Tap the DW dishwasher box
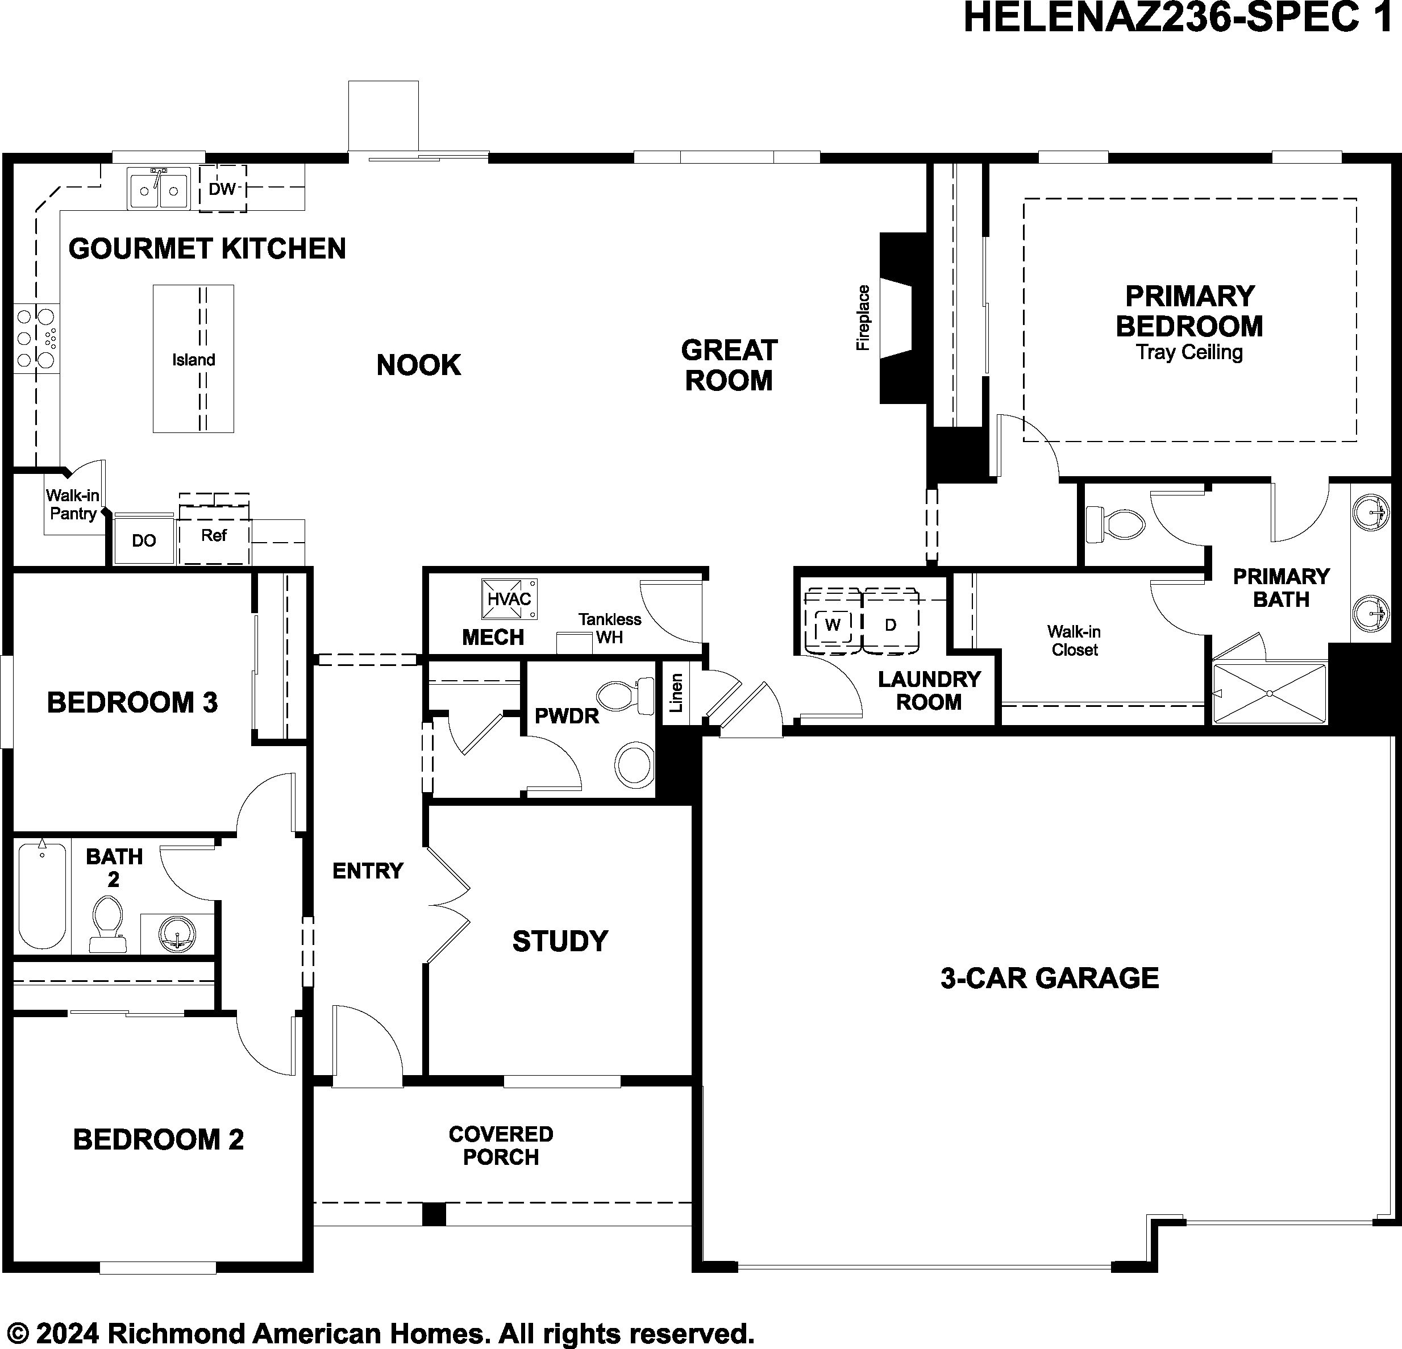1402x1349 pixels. (x=222, y=189)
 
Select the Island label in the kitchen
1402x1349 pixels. (x=193, y=360)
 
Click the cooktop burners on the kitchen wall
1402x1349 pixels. (x=36, y=338)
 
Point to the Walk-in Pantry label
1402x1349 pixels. (x=72, y=504)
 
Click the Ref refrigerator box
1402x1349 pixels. (x=214, y=536)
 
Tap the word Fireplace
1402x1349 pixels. (x=863, y=318)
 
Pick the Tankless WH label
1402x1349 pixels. (x=609, y=628)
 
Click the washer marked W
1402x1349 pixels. (x=833, y=624)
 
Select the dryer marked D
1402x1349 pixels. (x=891, y=624)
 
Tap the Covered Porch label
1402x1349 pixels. (x=501, y=1145)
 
